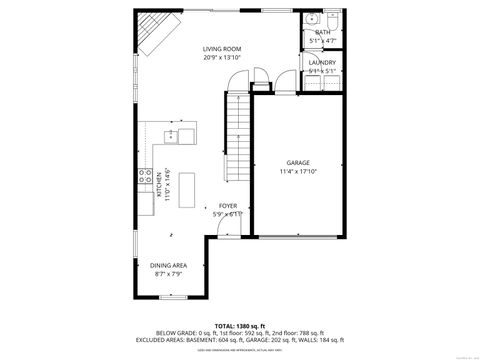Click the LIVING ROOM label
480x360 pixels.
[223, 49]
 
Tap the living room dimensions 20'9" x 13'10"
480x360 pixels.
[223, 57]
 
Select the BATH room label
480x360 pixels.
[322, 32]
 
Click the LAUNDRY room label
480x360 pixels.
[322, 62]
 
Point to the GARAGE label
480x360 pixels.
[297, 162]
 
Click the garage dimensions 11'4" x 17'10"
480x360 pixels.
[297, 171]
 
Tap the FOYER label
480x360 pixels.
[228, 205]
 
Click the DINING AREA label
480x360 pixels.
[169, 265]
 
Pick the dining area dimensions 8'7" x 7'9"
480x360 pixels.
[169, 273]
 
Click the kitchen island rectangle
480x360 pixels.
[186, 186]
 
